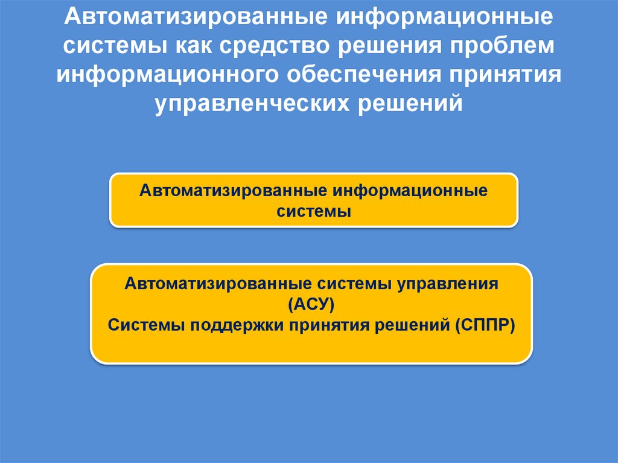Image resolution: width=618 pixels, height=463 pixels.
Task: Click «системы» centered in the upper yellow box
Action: (x=313, y=212)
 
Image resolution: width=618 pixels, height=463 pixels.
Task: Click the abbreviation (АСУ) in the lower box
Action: (x=311, y=304)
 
